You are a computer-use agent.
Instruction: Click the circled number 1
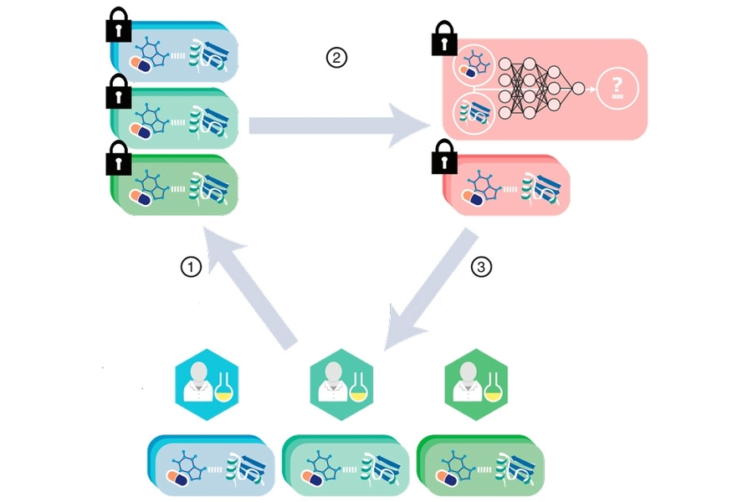click(192, 268)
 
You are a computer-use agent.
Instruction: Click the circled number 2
click(336, 58)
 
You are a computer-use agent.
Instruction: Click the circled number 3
click(481, 268)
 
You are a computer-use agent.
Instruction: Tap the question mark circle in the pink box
click(617, 88)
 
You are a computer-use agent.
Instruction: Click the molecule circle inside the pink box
click(473, 66)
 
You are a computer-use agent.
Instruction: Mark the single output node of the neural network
click(578, 88)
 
